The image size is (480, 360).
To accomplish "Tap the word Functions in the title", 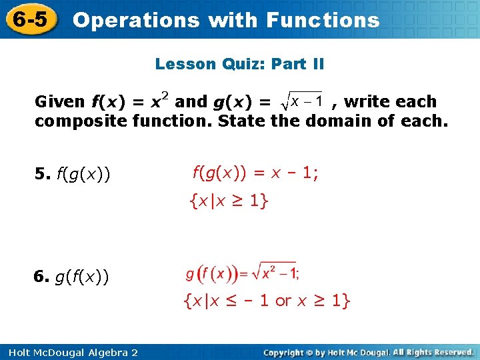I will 322,20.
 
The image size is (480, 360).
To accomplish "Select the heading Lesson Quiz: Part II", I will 239,64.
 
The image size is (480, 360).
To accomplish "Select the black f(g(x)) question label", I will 85,175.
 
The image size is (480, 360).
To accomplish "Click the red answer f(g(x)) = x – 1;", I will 255,173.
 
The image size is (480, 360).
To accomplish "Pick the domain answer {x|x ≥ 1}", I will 229,201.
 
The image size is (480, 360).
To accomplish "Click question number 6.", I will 42,275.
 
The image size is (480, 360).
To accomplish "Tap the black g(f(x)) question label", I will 85,275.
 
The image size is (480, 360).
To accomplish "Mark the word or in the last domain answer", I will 283,301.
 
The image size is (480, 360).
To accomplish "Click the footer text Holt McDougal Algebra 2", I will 70,351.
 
